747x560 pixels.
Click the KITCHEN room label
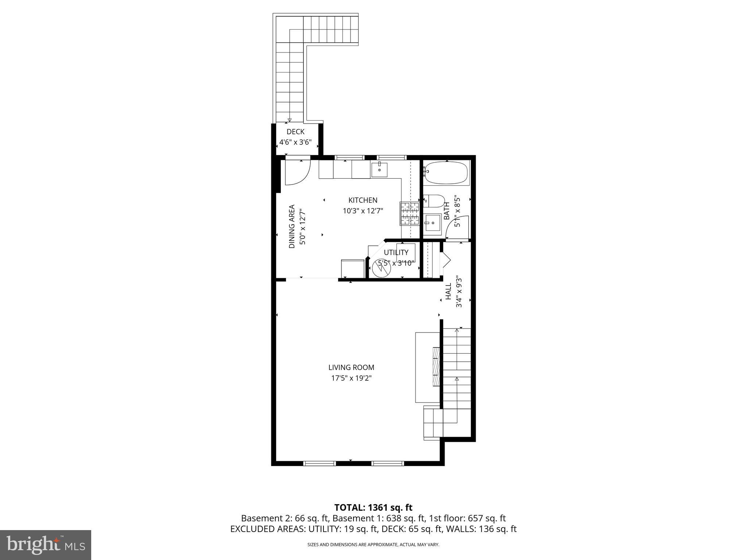tap(363, 200)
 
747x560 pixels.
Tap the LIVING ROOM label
tap(351, 367)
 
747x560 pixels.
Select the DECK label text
tap(295, 132)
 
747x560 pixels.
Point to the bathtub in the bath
tap(446, 173)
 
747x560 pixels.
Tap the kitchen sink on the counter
tap(379, 170)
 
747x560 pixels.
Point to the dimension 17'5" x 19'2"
tap(351, 378)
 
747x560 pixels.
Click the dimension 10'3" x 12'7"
tap(363, 211)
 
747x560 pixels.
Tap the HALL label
tap(449, 292)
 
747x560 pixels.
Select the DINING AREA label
tap(292, 226)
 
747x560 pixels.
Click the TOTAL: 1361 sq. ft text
tap(373, 507)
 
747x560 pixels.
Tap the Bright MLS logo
tap(46, 545)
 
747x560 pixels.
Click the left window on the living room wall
tap(319, 463)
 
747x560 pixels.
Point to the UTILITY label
tap(396, 252)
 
